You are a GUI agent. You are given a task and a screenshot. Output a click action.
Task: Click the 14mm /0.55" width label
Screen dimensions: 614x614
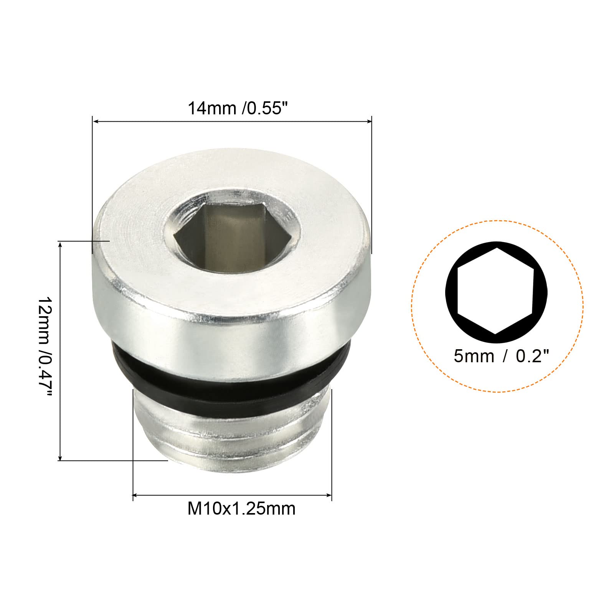[237, 108]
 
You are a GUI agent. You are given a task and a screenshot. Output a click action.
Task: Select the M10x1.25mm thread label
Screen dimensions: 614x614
[241, 509]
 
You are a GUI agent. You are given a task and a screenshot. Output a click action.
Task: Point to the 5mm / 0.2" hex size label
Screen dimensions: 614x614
[502, 357]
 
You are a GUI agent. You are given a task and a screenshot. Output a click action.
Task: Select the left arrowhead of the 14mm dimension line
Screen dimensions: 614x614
[96, 122]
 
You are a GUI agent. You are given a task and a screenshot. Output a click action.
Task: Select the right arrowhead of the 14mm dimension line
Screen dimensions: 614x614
[369, 122]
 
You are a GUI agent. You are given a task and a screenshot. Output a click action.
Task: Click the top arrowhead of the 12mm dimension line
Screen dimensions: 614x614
[60, 244]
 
